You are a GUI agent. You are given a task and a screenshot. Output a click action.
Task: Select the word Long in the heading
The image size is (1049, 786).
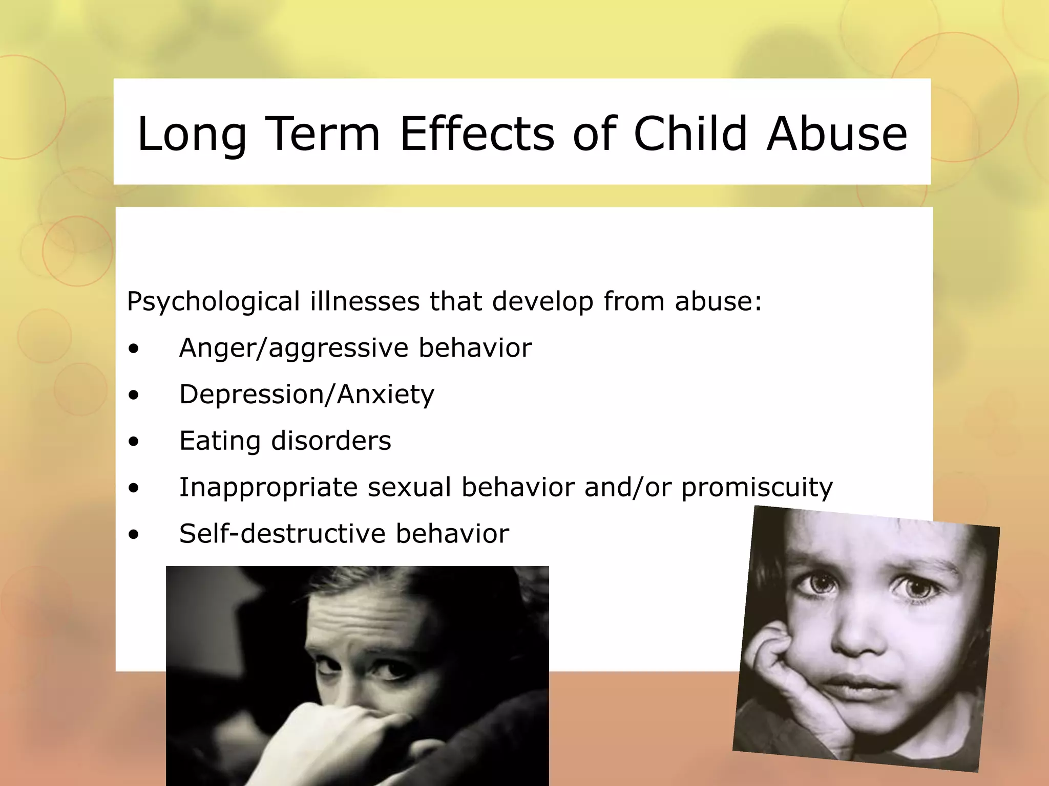pyautogui.click(x=192, y=134)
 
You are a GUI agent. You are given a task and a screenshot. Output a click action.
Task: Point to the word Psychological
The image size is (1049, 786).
pyautogui.click(x=213, y=301)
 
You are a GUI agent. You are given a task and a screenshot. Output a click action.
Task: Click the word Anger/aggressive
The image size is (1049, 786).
pyautogui.click(x=293, y=348)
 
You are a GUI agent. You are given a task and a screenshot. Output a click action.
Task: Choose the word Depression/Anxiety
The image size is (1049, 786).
pyautogui.click(x=307, y=395)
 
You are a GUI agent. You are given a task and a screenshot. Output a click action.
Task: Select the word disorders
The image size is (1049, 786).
pyautogui.click(x=331, y=441)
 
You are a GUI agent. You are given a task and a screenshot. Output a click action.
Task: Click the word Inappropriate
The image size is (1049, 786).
pyautogui.click(x=268, y=487)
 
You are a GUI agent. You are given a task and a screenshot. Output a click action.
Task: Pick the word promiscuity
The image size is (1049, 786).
pyautogui.click(x=757, y=487)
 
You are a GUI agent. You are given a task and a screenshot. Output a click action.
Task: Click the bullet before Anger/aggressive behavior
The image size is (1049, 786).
pyautogui.click(x=134, y=350)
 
